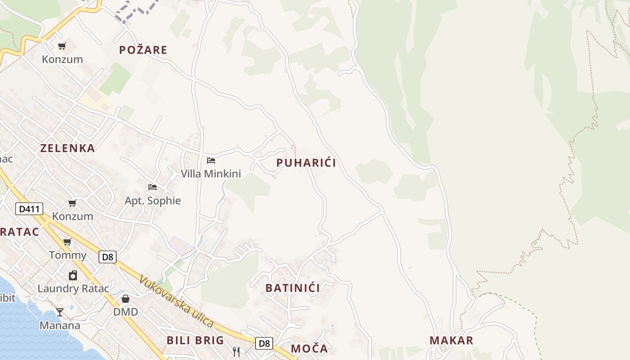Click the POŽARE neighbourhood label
pos(143,50)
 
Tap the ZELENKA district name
pos(67,148)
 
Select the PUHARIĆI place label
pos(306,163)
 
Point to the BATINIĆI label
pos(292,288)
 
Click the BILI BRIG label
pos(195,340)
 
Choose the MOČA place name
pos(309,348)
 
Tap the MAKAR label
pos(451,341)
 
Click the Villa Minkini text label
pos(211,174)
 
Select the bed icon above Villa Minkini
pos(211,160)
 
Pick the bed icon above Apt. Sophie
pos(153,187)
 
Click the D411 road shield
pos(30,209)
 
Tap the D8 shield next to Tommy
pos(108,257)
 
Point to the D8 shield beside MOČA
pos(264,343)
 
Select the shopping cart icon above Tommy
pos(67,242)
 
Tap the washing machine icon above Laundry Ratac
pos(73,275)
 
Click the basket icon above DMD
pos(126,299)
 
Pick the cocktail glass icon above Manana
pos(60,312)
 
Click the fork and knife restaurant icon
pos(236,351)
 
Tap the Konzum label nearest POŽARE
pos(63,59)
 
